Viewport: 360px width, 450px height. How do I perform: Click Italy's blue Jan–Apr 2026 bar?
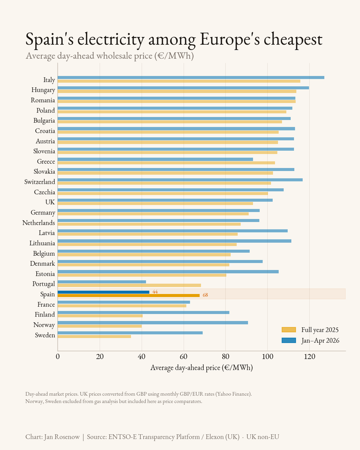tap(191, 78)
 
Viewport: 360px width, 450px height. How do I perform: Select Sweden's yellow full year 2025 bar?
tap(94, 336)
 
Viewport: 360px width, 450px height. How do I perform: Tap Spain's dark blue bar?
tap(103, 292)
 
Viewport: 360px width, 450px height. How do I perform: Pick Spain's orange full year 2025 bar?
tap(129, 295)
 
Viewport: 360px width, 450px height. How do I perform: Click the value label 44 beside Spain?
tap(155, 292)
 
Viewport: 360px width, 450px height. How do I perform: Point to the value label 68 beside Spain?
tap(205, 295)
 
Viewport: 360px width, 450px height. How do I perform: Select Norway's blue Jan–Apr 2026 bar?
tap(153, 322)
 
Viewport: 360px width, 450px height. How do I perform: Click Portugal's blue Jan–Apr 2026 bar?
tap(102, 282)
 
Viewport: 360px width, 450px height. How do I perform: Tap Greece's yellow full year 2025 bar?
tap(166, 163)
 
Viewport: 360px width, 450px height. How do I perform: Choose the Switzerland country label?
tap(40, 182)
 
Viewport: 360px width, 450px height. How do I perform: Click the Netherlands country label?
tap(39, 223)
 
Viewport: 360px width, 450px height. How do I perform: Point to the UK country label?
tap(50, 202)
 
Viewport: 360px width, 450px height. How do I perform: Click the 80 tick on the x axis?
tap(225, 357)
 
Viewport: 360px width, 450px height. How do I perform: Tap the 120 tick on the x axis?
tap(310, 357)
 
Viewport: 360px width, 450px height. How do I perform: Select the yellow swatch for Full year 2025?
tap(289, 330)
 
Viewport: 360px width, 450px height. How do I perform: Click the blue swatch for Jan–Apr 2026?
tap(289, 340)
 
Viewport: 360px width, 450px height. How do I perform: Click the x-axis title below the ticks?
tap(202, 368)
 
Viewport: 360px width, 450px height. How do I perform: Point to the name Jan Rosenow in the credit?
tap(62, 437)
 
